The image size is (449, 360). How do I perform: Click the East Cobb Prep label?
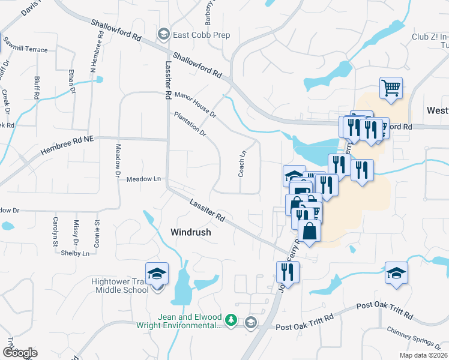coord(201,35)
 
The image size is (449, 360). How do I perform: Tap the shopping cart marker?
coord(391,88)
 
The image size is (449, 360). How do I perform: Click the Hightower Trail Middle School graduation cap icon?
coord(157,275)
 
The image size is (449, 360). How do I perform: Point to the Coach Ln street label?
coord(243,163)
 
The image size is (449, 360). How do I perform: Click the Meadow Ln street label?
coord(144,179)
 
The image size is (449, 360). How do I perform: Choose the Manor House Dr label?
coord(195,104)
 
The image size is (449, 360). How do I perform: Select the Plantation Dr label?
coord(190,124)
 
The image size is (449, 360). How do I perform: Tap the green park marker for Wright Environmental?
coord(232,321)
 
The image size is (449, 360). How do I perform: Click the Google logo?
coord(20,353)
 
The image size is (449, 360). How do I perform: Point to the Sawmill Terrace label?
coord(25,49)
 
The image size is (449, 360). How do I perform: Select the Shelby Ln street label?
coord(75,253)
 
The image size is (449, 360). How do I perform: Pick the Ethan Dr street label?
coord(72,80)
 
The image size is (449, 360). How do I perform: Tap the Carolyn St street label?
coord(55,232)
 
